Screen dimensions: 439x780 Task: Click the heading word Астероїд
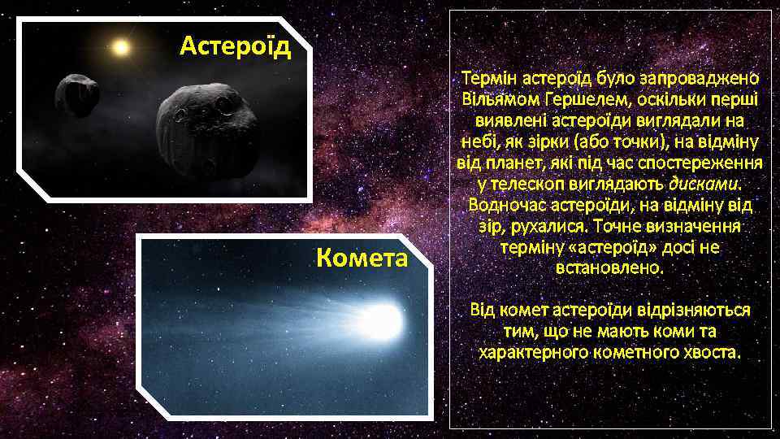pyautogui.click(x=234, y=46)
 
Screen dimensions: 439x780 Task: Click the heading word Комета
pyautogui.click(x=362, y=259)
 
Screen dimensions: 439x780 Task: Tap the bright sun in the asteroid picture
pyautogui.click(x=122, y=47)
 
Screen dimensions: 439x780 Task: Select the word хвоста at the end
pyautogui.click(x=712, y=352)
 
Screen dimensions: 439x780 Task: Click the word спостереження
pyautogui.click(x=695, y=162)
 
